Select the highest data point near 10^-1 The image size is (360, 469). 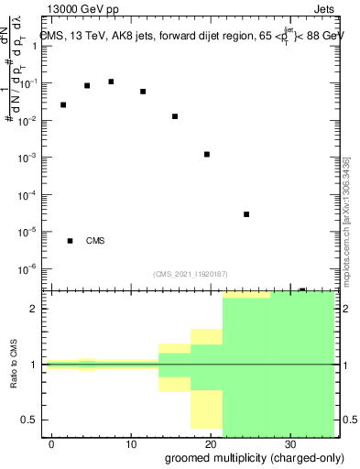tap(111, 82)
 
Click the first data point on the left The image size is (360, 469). tap(63, 104)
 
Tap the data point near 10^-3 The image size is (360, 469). tap(207, 154)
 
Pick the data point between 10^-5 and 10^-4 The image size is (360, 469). tap(246, 214)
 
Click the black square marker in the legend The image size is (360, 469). tap(70, 241)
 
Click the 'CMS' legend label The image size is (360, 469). tap(95, 241)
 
